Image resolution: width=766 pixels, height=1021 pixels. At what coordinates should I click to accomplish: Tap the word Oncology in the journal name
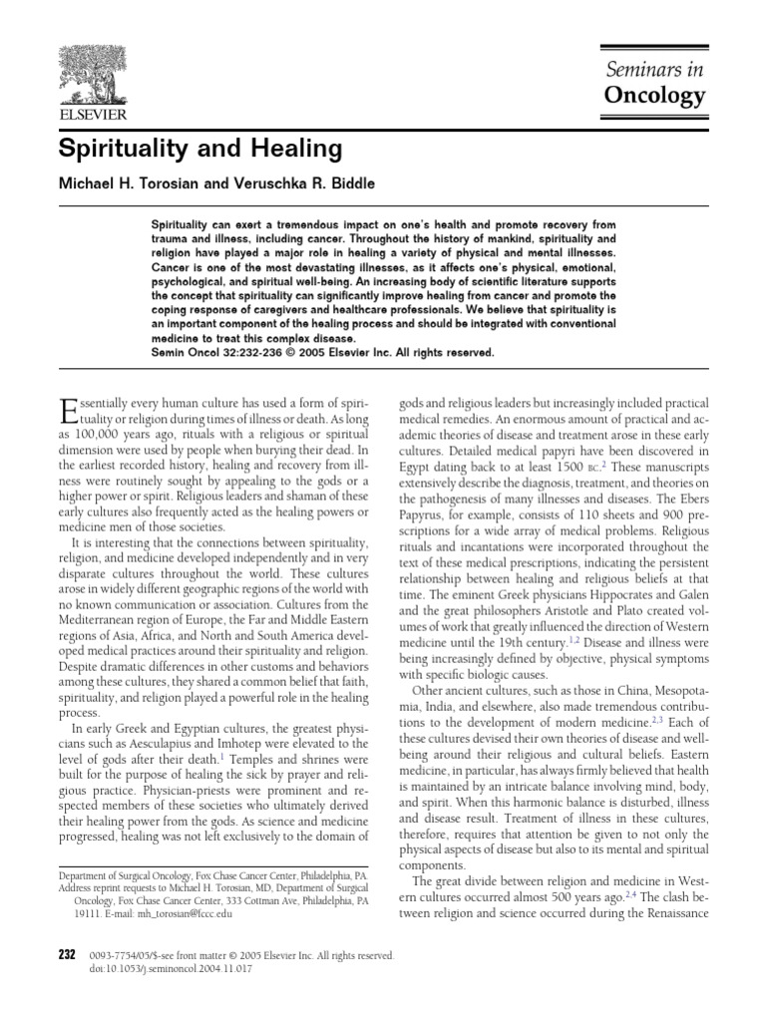coord(655,96)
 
